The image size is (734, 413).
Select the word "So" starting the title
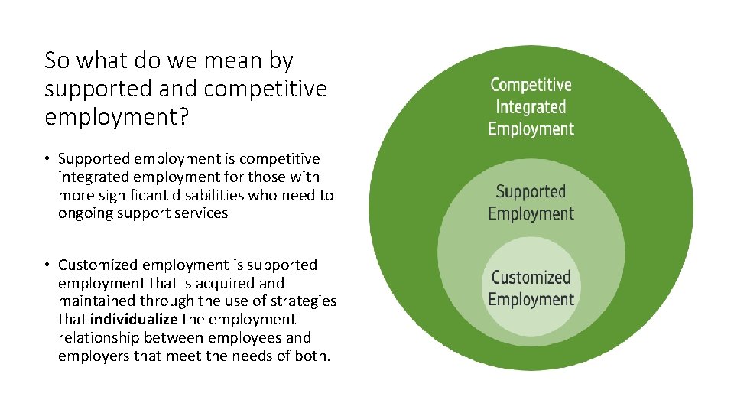(x=57, y=60)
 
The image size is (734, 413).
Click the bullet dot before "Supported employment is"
(x=47, y=159)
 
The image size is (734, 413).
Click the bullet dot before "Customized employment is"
(x=47, y=265)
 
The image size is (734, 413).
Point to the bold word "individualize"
(x=133, y=319)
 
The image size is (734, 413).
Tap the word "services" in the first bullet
(x=201, y=213)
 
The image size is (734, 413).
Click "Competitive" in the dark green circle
(x=531, y=85)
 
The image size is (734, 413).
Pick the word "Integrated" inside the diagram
(x=531, y=107)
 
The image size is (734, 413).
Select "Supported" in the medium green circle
(x=531, y=191)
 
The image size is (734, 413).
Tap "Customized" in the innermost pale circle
(x=531, y=277)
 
